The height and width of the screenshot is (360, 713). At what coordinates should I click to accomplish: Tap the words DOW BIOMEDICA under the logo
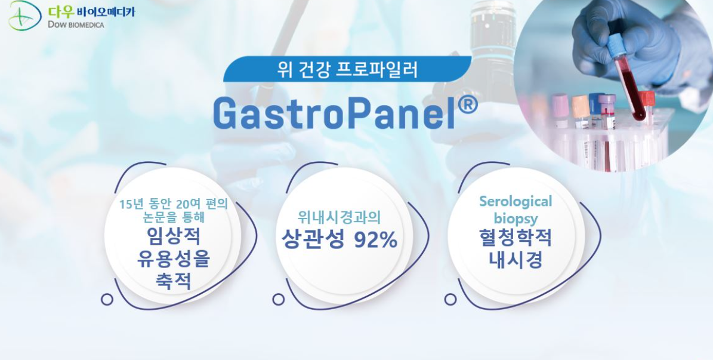point(76,24)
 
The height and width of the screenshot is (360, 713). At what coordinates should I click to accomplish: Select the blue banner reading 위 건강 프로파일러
point(347,69)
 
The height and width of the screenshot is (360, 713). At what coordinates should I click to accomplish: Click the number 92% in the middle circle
point(375,239)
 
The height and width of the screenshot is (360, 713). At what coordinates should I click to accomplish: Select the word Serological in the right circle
point(516,201)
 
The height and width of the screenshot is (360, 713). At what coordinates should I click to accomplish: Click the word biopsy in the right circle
point(516,219)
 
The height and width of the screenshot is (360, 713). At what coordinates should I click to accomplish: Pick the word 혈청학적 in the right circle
point(516,238)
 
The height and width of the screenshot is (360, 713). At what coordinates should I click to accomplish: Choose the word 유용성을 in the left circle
point(173,259)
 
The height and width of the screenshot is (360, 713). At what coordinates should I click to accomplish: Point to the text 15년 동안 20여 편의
point(173,204)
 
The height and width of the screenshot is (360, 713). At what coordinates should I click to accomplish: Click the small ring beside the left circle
point(107,299)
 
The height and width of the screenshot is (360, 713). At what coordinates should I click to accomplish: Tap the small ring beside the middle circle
point(278,299)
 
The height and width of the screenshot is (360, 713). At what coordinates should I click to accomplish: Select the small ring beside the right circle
point(450,299)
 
